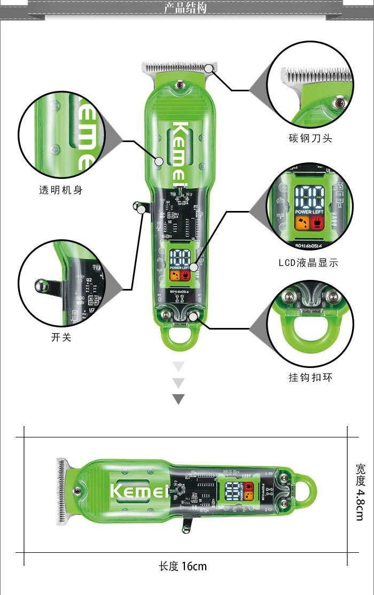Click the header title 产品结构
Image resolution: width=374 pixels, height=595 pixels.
[185, 8]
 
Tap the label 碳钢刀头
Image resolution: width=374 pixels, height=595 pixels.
[310, 138]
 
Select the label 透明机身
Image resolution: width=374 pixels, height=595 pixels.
[61, 190]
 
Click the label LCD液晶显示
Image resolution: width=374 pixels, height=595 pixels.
[308, 262]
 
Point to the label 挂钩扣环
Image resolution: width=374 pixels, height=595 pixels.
[310, 378]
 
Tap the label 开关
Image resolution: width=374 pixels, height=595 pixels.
[61, 338]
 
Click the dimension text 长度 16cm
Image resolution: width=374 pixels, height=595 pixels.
[182, 566]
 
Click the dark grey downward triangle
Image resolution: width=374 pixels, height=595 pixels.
[178, 399]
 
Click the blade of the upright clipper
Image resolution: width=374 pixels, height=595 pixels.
[178, 68]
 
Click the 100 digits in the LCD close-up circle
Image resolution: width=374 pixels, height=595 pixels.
[311, 197]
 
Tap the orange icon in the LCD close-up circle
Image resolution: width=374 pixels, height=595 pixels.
[301, 223]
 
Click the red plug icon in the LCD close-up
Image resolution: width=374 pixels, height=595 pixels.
[319, 223]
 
